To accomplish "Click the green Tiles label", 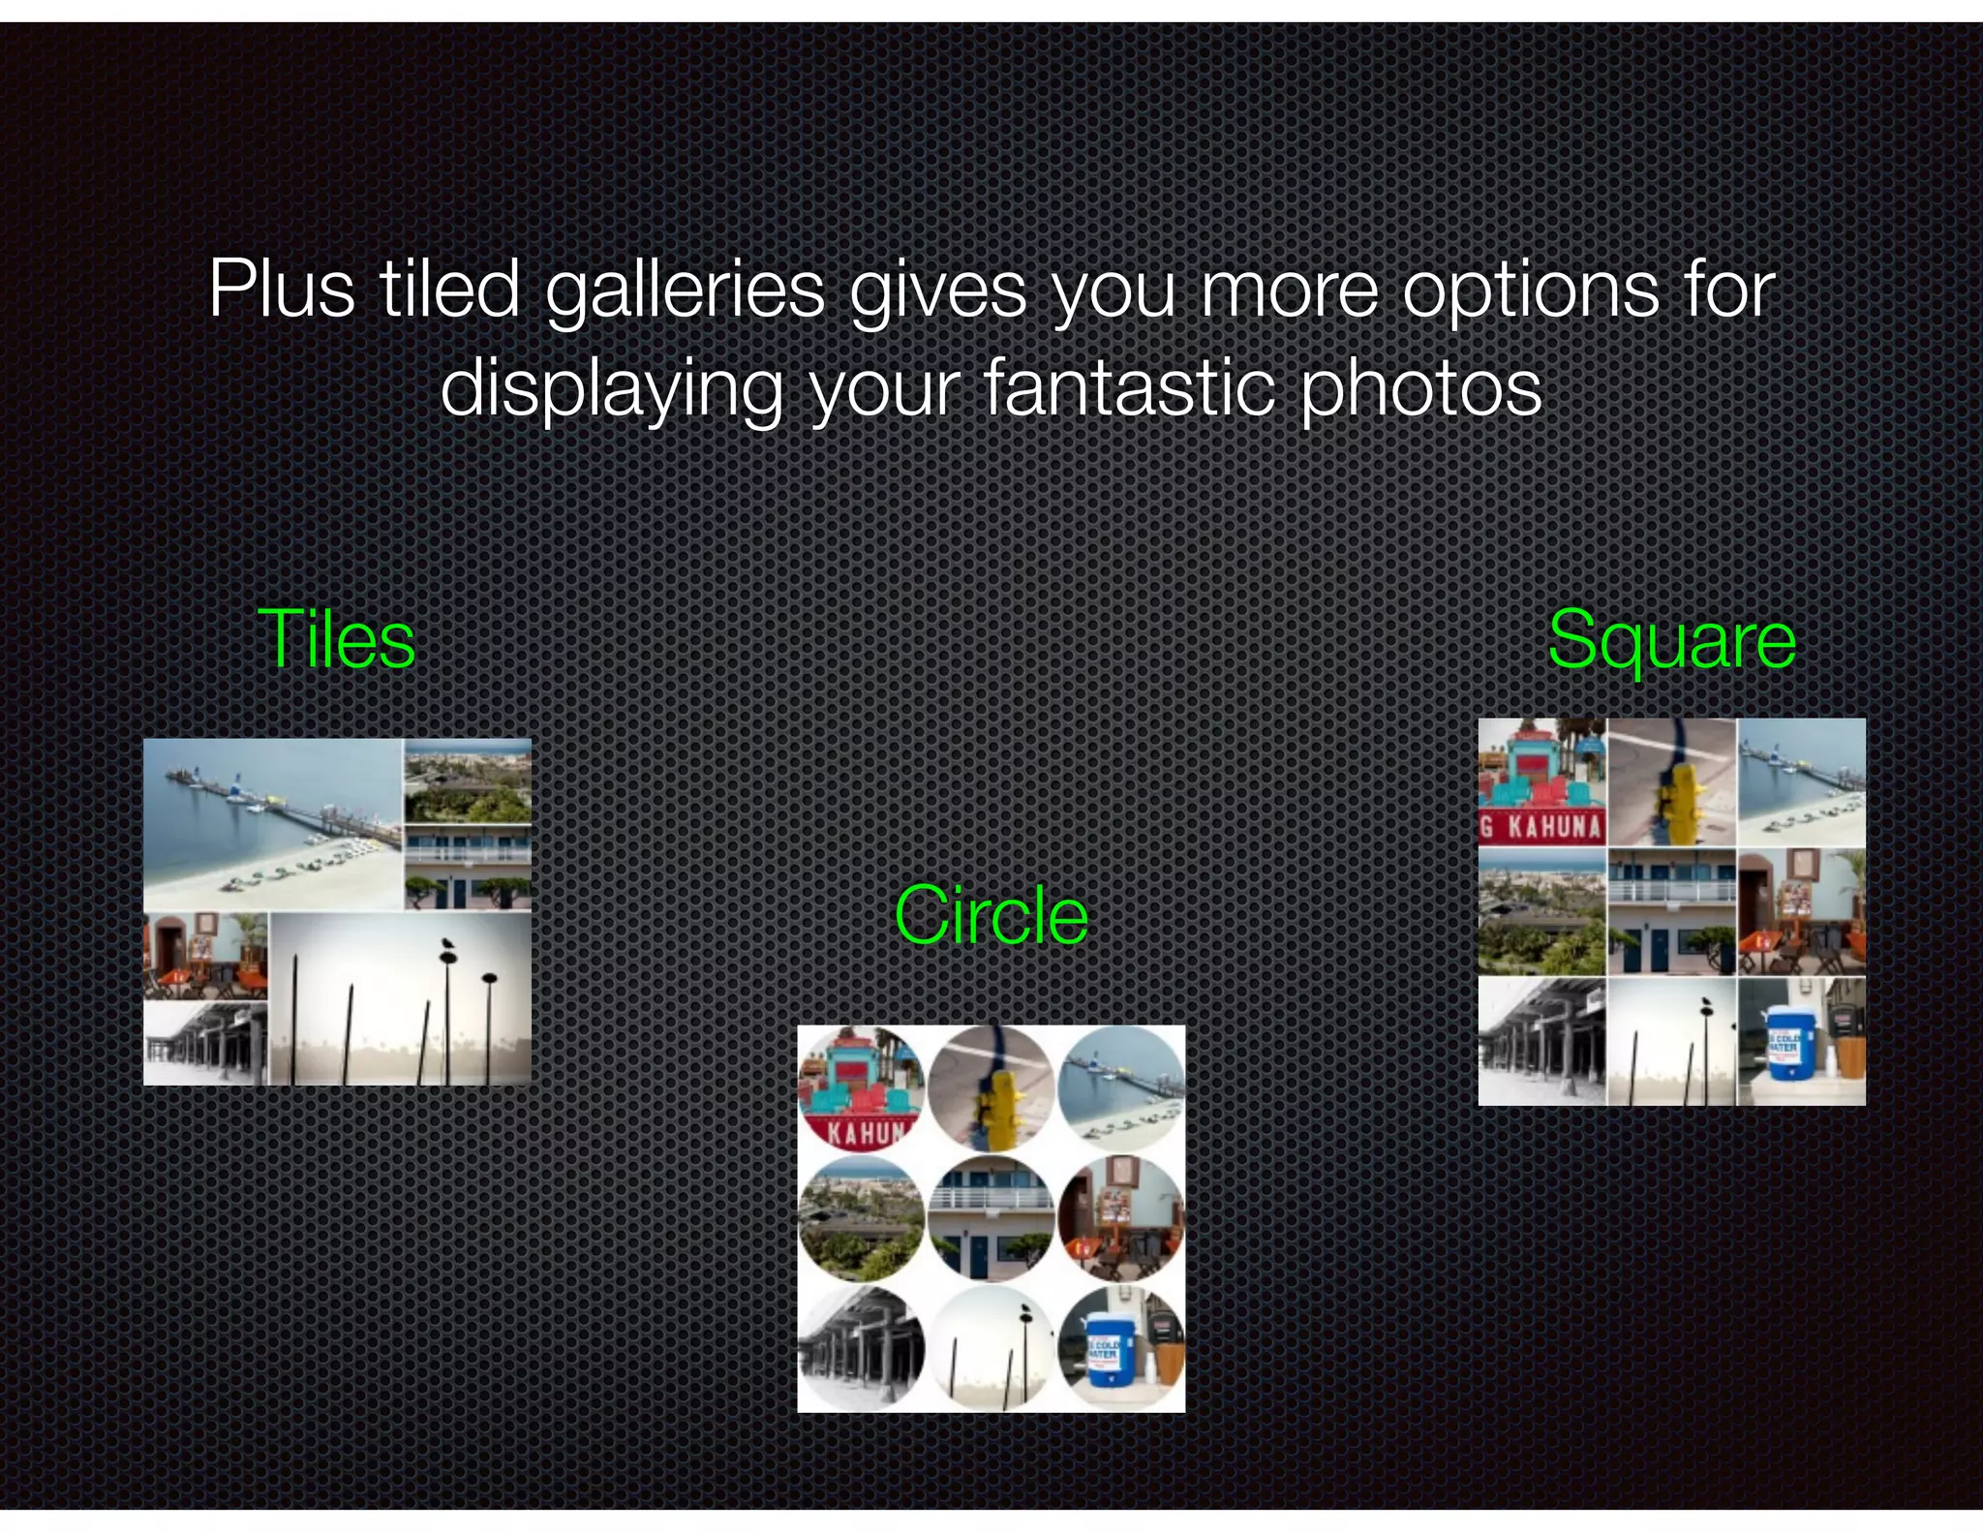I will coord(336,640).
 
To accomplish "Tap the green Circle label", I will coord(991,915).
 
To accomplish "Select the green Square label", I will coord(1671,640).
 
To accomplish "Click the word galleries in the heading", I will coord(685,289).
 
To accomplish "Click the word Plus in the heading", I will coord(282,289).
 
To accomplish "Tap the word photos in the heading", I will coord(1420,387).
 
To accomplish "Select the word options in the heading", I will coord(1531,289).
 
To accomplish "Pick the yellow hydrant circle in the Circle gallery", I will coord(991,1088).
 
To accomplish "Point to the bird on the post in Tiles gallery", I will coord(447,944).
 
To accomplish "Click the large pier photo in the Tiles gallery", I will coord(272,824).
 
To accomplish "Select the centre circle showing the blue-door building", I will coord(991,1218).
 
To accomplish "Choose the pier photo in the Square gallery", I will coord(1801,782).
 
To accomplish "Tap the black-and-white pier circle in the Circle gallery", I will coord(861,1349).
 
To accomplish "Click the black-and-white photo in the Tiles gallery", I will coord(205,1044).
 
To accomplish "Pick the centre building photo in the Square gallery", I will coord(1671,912).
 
